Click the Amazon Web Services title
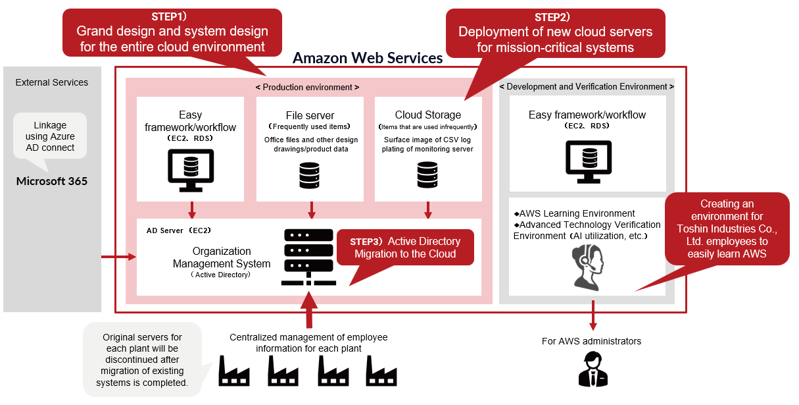[368, 58]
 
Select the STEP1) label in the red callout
[170, 16]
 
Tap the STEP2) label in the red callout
[554, 16]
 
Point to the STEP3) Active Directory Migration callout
[405, 248]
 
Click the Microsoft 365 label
[52, 182]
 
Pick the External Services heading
[52, 82]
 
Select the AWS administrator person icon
[593, 369]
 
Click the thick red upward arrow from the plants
[308, 309]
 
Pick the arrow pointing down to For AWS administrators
[593, 315]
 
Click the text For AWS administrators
[591, 341]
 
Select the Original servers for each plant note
[142, 360]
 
